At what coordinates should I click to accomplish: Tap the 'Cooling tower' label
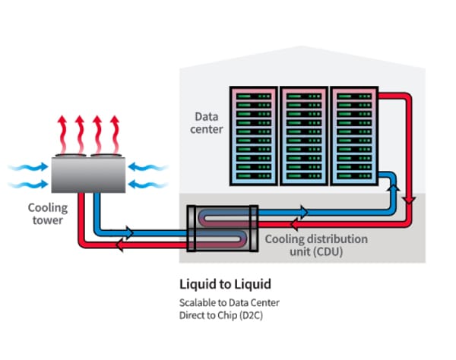[x=48, y=213]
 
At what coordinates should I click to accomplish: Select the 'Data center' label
[x=208, y=123]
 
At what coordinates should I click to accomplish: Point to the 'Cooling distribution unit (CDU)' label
[x=315, y=245]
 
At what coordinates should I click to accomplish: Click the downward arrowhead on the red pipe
[x=411, y=201]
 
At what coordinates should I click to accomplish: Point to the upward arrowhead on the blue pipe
[x=395, y=187]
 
